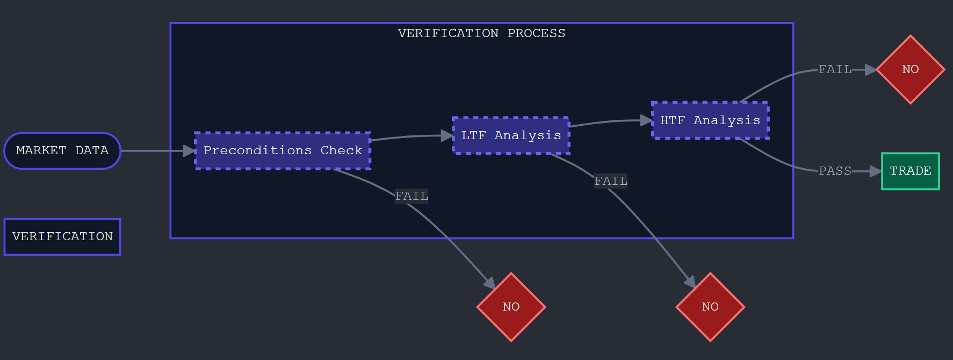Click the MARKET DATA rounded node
point(62,150)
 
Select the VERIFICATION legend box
point(62,236)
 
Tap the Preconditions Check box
point(283,150)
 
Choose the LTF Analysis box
point(511,135)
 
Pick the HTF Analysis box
point(710,120)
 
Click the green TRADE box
point(911,171)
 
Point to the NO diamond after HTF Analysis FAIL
point(911,69)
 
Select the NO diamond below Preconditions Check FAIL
point(511,307)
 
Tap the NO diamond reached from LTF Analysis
point(710,307)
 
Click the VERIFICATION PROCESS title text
point(481,33)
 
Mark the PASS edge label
point(835,171)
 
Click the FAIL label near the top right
point(835,69)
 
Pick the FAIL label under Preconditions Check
point(411,196)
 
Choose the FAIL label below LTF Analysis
point(611,181)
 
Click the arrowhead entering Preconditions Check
point(189,151)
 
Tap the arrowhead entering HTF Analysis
point(646,120)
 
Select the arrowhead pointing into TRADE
point(876,171)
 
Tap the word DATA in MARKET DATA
point(92,150)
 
